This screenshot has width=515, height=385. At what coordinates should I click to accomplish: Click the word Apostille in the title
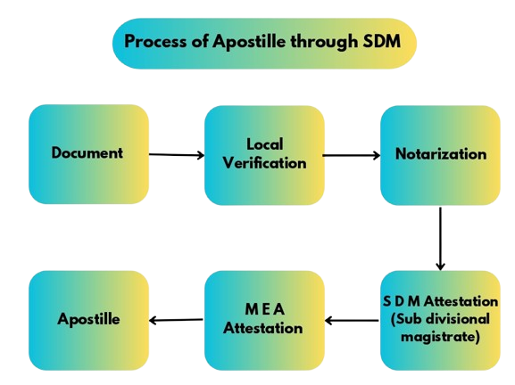point(249,42)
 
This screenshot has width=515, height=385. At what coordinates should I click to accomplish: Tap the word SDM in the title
point(382,41)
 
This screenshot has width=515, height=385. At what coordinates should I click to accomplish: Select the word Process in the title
point(155,41)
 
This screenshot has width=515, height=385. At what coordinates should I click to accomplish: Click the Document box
point(88,154)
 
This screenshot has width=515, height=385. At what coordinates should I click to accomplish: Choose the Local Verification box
point(264,155)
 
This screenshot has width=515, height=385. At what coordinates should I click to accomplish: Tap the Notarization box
point(440,155)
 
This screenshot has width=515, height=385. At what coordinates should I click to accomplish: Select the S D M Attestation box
point(440,321)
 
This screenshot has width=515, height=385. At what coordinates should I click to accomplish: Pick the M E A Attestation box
point(264,321)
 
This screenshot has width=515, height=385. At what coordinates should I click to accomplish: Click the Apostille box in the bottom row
point(88,321)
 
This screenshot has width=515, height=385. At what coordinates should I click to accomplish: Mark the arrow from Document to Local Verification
point(177,155)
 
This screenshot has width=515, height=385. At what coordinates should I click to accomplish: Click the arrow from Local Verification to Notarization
point(352,155)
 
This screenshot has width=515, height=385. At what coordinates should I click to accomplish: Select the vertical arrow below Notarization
point(440,239)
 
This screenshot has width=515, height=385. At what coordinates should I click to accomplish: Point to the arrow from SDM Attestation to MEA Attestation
point(352,321)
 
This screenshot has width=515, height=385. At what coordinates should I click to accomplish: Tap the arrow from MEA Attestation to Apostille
point(176,320)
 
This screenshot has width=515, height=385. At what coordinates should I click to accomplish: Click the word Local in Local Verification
point(265,144)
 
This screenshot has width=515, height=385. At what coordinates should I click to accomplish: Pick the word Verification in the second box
point(265,163)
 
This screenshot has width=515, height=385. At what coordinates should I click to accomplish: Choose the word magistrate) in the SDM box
point(440,337)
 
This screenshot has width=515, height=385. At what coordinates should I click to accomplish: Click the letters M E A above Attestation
point(265,309)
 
